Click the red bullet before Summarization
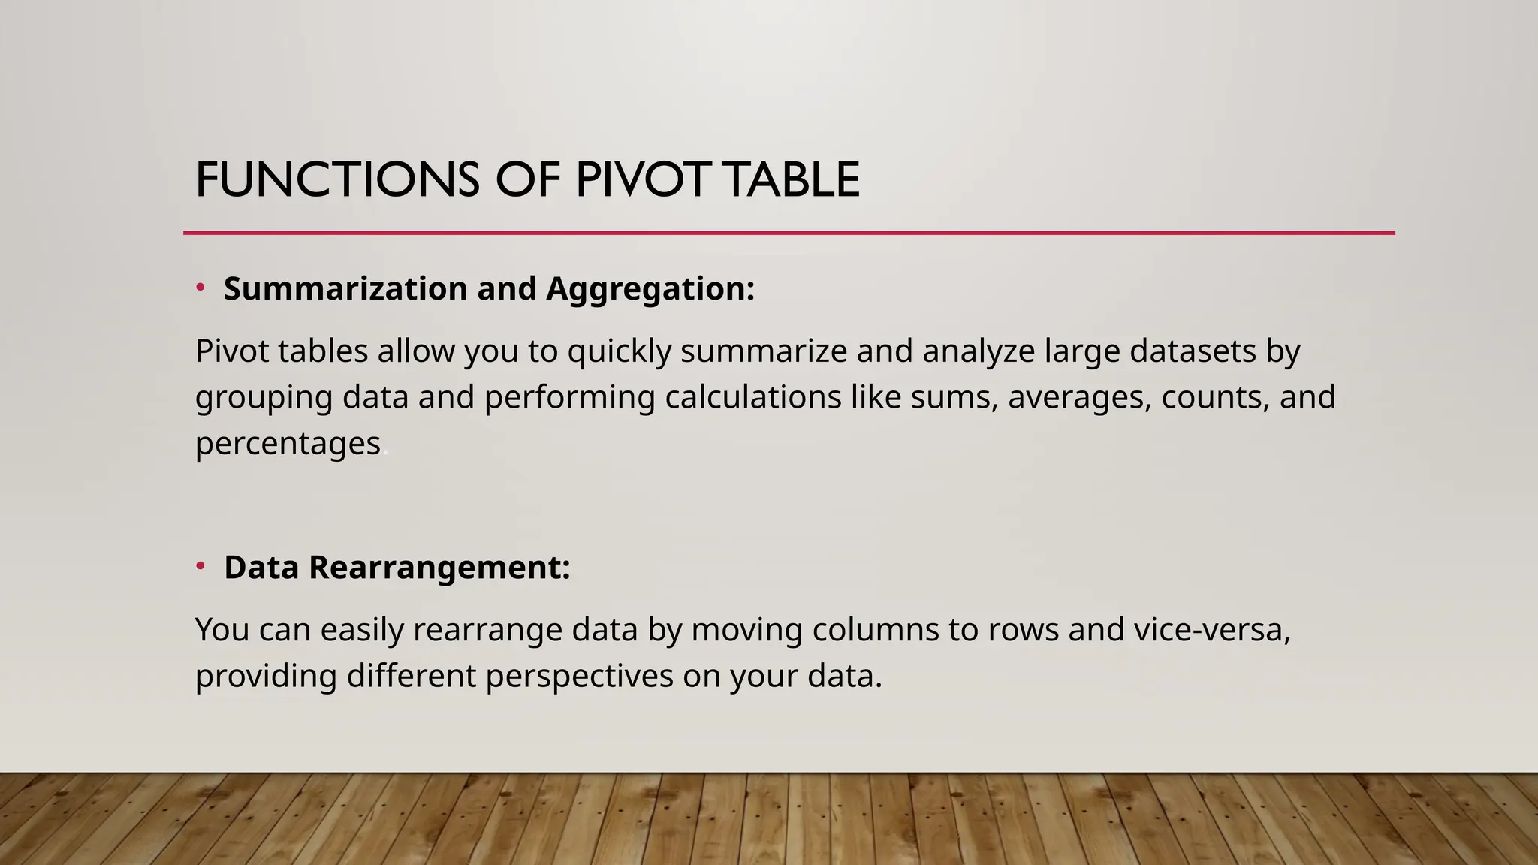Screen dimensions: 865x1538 pyautogui.click(x=201, y=287)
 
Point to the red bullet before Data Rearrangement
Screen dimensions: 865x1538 pyautogui.click(x=201, y=565)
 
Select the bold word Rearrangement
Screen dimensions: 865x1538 pyautogui.click(x=439, y=568)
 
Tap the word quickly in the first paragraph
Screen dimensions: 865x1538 pyautogui.click(x=619, y=351)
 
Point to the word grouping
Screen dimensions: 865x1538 pyautogui.click(x=264, y=398)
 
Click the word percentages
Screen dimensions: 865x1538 pyautogui.click(x=288, y=444)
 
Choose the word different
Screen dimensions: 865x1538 pyautogui.click(x=411, y=676)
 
